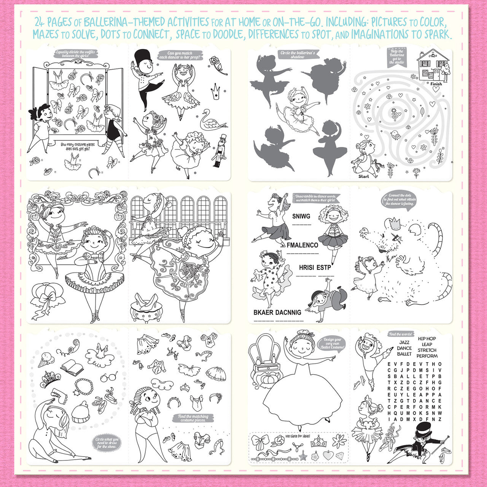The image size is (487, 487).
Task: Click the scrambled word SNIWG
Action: (x=301, y=216)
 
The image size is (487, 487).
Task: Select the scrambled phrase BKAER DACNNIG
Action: (x=277, y=312)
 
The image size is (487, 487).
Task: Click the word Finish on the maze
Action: (x=436, y=84)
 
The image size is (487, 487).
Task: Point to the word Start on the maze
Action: (x=364, y=176)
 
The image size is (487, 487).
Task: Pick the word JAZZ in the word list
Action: (x=404, y=342)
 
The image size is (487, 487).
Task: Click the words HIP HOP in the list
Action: (x=427, y=338)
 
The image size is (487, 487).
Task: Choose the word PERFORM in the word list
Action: (x=427, y=356)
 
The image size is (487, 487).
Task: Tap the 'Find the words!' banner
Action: (x=401, y=334)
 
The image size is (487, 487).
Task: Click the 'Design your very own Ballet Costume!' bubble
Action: (x=333, y=343)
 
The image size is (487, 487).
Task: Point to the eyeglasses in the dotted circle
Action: (x=109, y=377)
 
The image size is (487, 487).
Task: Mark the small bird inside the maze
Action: (x=396, y=134)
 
